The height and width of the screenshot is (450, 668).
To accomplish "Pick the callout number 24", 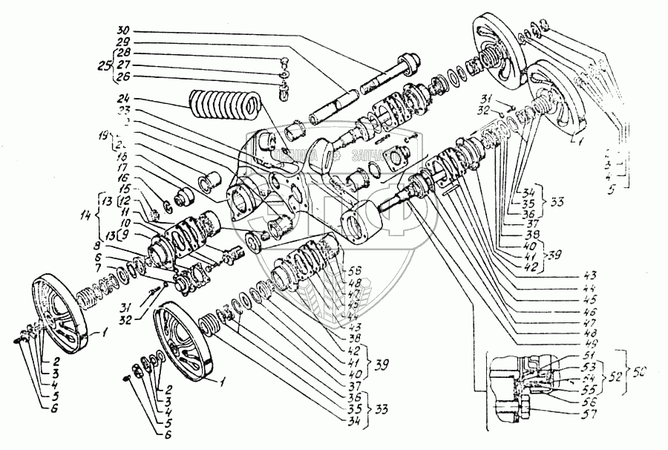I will (122, 98).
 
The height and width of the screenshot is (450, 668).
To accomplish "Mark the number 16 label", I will (123, 180).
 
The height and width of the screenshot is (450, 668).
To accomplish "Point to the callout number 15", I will (123, 191).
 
